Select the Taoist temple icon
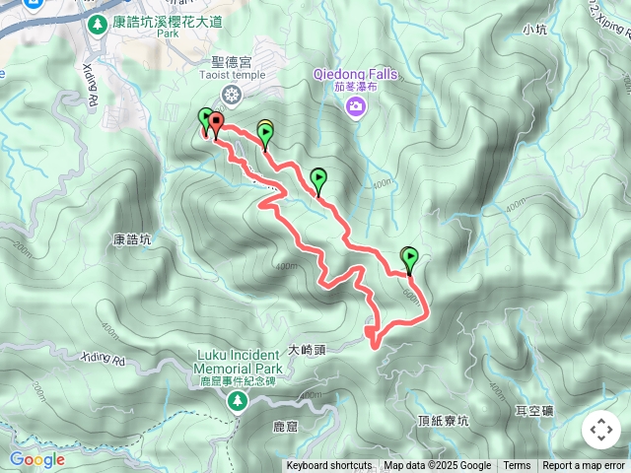(x=231, y=95)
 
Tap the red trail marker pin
(x=215, y=124)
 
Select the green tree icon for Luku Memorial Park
(x=237, y=400)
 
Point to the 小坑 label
(x=535, y=30)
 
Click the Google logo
(x=37, y=459)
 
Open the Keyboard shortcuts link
(x=329, y=466)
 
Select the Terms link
(x=517, y=466)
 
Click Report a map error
(x=584, y=466)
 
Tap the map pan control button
(x=600, y=429)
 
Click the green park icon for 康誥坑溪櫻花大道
(x=97, y=23)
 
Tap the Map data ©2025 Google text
(x=437, y=466)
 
